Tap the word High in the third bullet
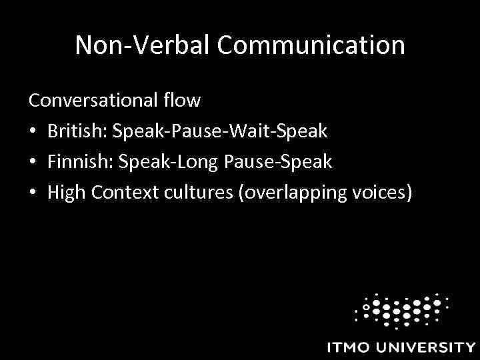(x=66, y=193)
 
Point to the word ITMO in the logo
(x=351, y=347)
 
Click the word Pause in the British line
(x=197, y=131)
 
